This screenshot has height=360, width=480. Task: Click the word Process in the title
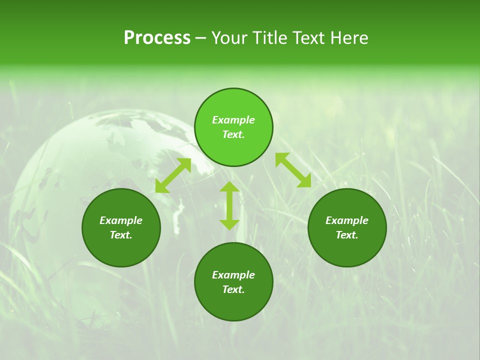click(157, 38)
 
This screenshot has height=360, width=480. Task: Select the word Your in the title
click(230, 38)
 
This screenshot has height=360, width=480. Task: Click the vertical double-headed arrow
click(229, 205)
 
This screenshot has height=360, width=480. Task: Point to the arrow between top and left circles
click(173, 175)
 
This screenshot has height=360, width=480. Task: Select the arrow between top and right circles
click(293, 170)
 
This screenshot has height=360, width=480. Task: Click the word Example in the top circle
click(233, 120)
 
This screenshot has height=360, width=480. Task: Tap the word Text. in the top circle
click(233, 134)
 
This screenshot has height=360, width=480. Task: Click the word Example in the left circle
click(121, 220)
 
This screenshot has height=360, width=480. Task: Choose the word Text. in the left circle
click(121, 235)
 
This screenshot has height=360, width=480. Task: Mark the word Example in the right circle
click(347, 220)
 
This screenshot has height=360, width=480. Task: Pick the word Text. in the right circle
click(347, 235)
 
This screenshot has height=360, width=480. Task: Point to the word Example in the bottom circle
click(233, 275)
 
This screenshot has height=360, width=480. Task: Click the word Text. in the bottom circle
click(233, 289)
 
